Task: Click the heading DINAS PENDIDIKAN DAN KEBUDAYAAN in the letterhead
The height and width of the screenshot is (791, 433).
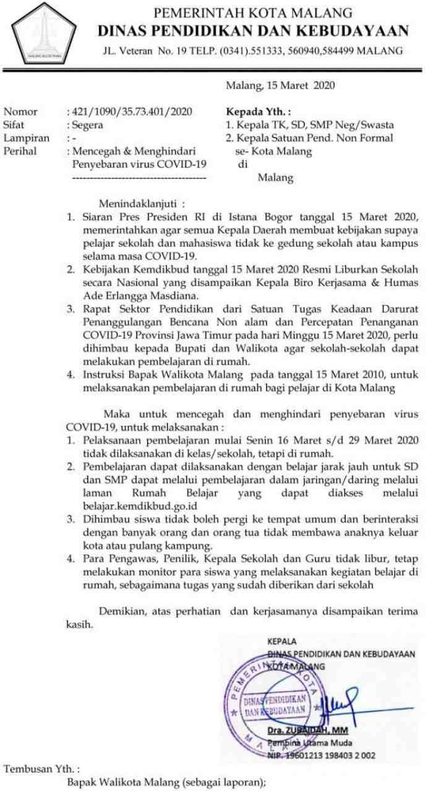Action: pyautogui.click(x=253, y=31)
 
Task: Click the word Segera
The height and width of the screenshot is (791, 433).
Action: pyautogui.click(x=88, y=125)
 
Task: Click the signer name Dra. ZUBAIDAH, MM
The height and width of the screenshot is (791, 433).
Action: pyautogui.click(x=307, y=730)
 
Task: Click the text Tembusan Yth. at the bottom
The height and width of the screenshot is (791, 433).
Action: pyautogui.click(x=42, y=769)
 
